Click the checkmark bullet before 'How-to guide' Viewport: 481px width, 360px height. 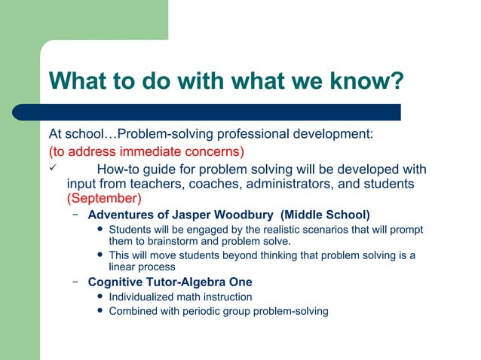[52, 168]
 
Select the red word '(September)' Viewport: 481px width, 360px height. [104, 199]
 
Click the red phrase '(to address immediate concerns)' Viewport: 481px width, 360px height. [146, 151]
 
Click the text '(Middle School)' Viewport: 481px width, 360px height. [325, 215]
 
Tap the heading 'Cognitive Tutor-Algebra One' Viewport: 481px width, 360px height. [170, 282]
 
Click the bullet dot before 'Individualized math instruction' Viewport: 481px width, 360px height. [100, 297]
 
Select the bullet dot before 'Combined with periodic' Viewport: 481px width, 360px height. [100, 310]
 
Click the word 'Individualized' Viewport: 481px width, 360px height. [141, 297]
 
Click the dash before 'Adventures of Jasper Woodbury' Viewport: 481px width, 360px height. [76, 215]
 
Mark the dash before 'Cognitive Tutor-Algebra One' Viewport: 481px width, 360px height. [76, 282]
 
